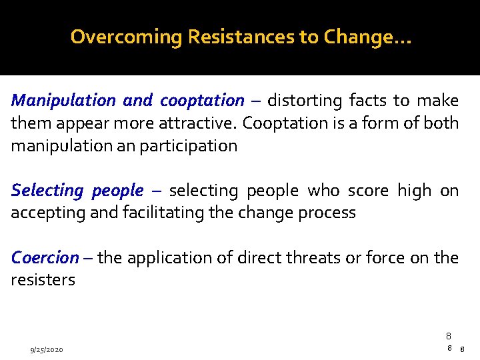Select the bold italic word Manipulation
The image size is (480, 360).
[x=63, y=101]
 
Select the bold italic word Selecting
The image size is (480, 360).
[x=47, y=191]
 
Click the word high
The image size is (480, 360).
[x=414, y=191]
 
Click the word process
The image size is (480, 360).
[x=327, y=213]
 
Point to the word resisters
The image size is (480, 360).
[x=43, y=280]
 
